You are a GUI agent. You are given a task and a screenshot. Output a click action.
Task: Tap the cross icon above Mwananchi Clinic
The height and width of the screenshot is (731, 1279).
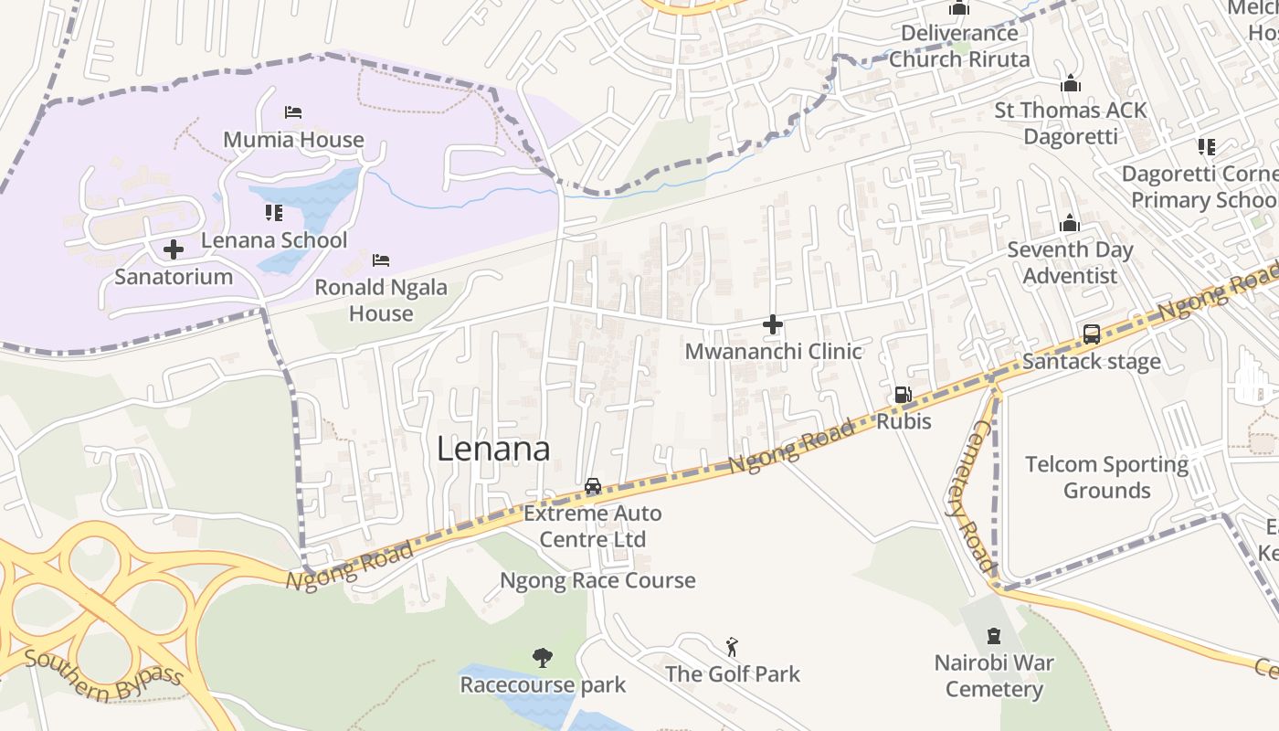pos(773,324)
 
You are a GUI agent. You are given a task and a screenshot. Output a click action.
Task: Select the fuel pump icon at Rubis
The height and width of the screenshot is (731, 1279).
pos(903,395)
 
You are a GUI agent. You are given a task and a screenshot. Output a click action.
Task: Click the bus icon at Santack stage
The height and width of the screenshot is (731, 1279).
pos(1092,334)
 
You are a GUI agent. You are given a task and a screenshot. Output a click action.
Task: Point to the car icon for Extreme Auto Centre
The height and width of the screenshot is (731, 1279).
pos(593,486)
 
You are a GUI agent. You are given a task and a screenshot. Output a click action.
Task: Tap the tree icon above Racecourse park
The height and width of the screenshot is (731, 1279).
pos(543,657)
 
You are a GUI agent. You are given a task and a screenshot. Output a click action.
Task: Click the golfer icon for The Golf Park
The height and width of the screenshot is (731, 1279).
pos(732,648)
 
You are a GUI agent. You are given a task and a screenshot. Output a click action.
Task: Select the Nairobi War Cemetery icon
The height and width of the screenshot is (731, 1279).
pos(994,636)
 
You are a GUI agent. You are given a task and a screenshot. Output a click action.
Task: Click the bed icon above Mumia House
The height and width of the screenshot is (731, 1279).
pos(293,112)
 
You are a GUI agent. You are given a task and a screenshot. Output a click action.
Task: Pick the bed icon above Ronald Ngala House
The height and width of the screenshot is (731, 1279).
pos(381,260)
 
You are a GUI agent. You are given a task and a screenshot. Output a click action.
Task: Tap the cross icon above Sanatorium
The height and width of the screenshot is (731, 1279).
pos(173,249)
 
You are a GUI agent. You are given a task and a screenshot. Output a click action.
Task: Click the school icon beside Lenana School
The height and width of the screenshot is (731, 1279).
pos(273,213)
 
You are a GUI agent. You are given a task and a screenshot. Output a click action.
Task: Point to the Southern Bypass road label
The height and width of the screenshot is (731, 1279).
pos(105,674)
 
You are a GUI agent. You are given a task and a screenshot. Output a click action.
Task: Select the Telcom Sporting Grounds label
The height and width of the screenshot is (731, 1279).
pos(1106,477)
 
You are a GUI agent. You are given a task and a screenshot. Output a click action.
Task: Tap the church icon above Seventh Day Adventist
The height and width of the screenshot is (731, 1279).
pos(1070,224)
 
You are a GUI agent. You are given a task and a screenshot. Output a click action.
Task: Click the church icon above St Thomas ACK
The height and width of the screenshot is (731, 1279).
pos(1070,84)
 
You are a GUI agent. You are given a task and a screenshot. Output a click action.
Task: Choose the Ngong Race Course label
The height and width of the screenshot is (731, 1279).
pos(597,580)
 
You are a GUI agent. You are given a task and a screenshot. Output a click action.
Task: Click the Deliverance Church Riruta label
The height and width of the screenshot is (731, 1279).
pos(959,46)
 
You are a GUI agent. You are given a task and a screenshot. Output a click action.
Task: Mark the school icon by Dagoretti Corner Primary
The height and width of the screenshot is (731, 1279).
pos(1207,146)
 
